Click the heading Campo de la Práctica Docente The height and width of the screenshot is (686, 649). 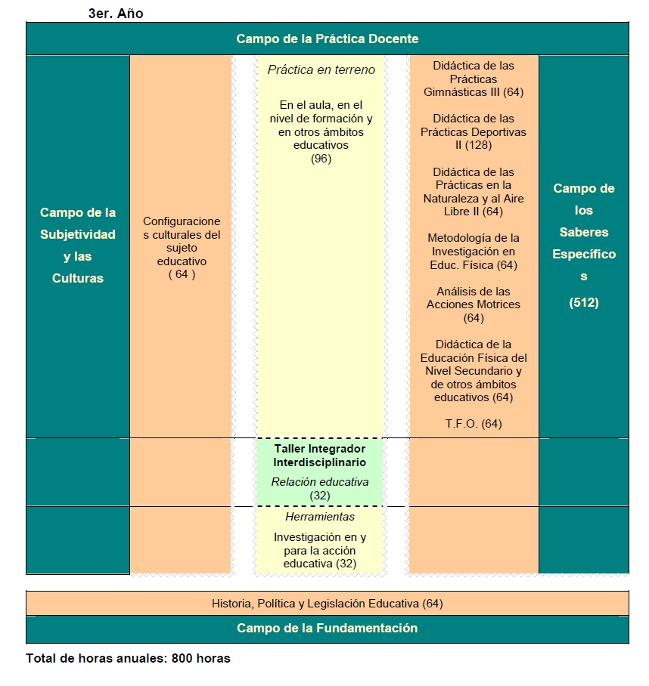[327, 39]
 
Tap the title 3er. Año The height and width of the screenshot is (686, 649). [116, 14]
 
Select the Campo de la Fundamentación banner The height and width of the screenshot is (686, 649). [327, 628]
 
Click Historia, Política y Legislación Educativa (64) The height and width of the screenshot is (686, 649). [327, 604]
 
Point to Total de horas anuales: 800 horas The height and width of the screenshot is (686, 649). [128, 658]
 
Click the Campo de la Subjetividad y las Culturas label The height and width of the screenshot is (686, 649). [78, 246]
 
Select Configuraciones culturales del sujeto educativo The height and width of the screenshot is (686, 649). [182, 241]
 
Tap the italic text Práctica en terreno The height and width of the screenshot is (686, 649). [321, 70]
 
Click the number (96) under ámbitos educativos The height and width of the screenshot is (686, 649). [321, 159]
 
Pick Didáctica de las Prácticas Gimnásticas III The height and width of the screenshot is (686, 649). [474, 79]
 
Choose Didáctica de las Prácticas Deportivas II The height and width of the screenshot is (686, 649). [474, 131]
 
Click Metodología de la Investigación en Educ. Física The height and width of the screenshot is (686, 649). [474, 252]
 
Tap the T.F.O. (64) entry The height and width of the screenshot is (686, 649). [474, 423]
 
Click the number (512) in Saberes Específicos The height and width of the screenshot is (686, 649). [583, 303]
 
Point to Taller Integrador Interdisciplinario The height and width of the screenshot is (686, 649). [319, 455]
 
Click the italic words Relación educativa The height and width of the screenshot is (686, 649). [319, 481]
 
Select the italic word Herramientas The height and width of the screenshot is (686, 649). [319, 517]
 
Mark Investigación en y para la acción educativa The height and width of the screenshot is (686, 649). [319, 550]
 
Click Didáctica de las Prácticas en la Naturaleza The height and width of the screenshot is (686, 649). [474, 192]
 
